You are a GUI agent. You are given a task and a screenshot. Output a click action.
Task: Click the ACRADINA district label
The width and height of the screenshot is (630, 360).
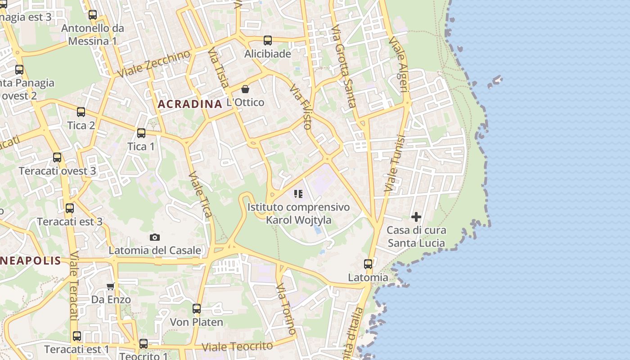coord(189,104)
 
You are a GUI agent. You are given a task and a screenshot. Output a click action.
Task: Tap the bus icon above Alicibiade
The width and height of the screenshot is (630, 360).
coord(268,40)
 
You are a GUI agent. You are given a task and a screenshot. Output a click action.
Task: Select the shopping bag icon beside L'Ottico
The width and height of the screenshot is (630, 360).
coord(245,89)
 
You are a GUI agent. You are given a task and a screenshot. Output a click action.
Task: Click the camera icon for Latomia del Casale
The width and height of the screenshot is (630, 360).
coord(154,237)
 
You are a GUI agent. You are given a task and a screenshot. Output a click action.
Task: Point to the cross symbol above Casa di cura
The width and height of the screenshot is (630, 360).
coord(416,217)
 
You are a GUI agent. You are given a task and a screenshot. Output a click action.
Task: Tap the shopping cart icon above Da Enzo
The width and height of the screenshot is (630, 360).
coord(111,286)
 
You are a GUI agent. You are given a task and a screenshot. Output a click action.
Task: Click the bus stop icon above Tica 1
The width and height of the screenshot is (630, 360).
coord(141,133)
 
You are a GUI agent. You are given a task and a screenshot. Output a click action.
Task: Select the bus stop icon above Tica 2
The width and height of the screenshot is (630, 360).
coord(81,112)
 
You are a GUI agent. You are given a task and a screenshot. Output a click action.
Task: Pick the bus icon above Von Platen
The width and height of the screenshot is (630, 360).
coord(197,309)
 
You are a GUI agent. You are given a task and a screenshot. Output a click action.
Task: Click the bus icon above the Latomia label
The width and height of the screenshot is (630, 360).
coord(368,264)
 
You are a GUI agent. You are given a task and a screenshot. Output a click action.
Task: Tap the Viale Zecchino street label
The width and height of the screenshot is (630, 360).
coord(154,64)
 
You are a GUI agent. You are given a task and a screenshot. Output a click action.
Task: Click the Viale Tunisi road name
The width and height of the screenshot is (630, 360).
coord(395,164)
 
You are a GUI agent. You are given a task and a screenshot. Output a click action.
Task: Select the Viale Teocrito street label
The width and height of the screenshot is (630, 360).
coord(237,347)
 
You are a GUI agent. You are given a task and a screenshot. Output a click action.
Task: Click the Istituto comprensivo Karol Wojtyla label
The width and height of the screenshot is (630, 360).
coord(298,214)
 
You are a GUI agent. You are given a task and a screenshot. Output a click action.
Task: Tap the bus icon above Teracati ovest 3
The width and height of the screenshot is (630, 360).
coord(57,157)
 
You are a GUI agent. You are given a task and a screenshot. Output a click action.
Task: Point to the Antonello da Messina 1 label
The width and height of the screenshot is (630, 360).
coord(92,35)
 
